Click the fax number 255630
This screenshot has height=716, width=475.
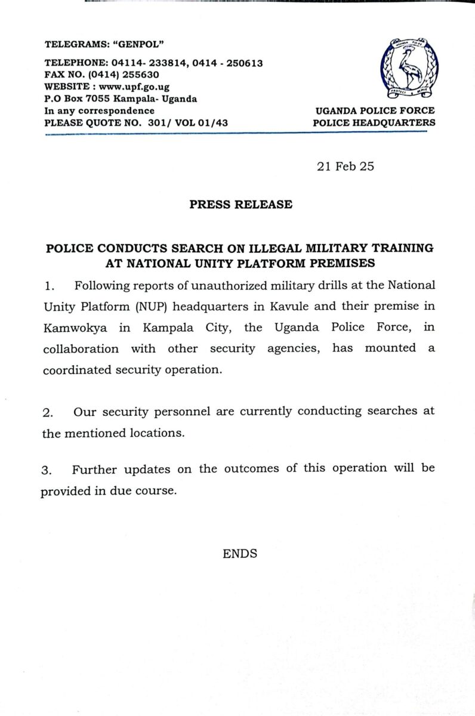(x=141, y=75)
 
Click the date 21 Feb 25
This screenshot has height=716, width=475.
(x=346, y=166)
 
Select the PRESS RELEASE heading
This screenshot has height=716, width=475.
(x=241, y=205)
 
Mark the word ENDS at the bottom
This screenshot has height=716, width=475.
(x=240, y=554)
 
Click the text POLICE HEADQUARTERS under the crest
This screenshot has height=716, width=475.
(x=374, y=123)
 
